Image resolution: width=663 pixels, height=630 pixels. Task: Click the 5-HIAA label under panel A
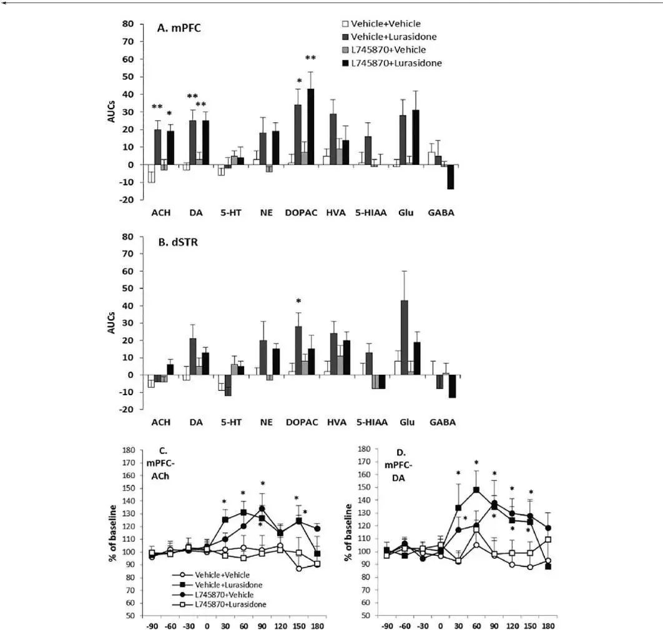click(x=370, y=212)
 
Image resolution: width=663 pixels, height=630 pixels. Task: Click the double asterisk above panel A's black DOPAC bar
click(x=310, y=59)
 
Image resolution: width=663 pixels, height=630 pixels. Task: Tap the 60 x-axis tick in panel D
click(x=476, y=624)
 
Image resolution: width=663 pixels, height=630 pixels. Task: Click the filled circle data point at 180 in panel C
click(x=318, y=528)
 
